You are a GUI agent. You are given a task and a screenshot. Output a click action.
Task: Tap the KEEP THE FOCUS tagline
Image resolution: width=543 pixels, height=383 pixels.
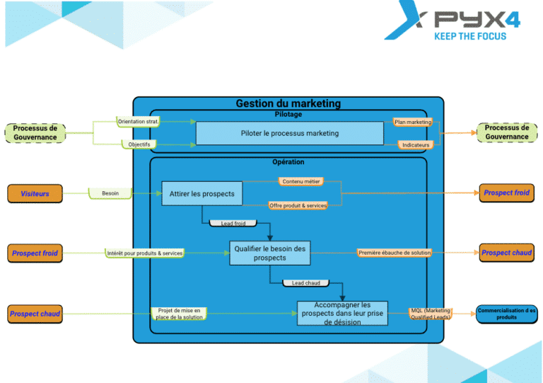click(x=469, y=36)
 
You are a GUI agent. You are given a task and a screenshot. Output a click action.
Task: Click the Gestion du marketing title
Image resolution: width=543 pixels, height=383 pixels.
click(x=288, y=103)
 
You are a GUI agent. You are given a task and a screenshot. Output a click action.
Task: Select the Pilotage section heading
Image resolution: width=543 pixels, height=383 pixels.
click(x=288, y=114)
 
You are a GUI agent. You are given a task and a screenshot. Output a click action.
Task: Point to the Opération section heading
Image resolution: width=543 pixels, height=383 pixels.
click(x=288, y=162)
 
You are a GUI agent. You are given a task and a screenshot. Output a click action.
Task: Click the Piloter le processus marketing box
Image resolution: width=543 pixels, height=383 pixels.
click(x=289, y=133)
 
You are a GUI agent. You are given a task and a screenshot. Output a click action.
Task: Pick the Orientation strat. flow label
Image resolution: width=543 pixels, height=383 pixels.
click(x=138, y=122)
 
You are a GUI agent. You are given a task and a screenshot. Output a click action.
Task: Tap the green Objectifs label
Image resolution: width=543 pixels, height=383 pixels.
click(x=139, y=144)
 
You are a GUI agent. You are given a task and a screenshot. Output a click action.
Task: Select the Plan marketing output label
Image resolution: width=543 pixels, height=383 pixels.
click(x=413, y=122)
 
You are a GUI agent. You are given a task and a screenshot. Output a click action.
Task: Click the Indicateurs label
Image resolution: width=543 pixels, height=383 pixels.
click(x=414, y=144)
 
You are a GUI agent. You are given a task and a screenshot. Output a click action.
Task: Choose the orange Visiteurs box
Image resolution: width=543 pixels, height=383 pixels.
click(x=35, y=193)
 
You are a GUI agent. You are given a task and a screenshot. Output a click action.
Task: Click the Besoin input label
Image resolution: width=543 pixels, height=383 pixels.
click(x=110, y=193)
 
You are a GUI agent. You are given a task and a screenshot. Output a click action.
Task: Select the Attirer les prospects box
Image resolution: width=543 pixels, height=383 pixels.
click(x=202, y=193)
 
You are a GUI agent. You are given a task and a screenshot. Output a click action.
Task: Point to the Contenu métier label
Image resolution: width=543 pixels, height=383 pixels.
click(x=301, y=181)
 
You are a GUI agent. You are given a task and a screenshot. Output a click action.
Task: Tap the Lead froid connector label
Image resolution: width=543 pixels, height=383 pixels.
click(x=233, y=224)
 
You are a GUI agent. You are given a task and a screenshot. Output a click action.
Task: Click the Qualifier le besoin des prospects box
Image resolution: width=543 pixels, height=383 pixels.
click(x=269, y=253)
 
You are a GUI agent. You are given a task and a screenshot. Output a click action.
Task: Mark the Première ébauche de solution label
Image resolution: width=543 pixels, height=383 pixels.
click(x=394, y=253)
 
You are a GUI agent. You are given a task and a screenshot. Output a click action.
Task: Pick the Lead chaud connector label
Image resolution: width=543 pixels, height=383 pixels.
click(x=305, y=283)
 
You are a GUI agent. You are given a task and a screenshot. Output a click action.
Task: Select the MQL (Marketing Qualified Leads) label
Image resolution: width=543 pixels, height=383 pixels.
click(x=430, y=314)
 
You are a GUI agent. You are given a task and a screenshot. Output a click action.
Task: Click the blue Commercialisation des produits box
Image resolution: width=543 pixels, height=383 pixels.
click(x=506, y=314)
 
